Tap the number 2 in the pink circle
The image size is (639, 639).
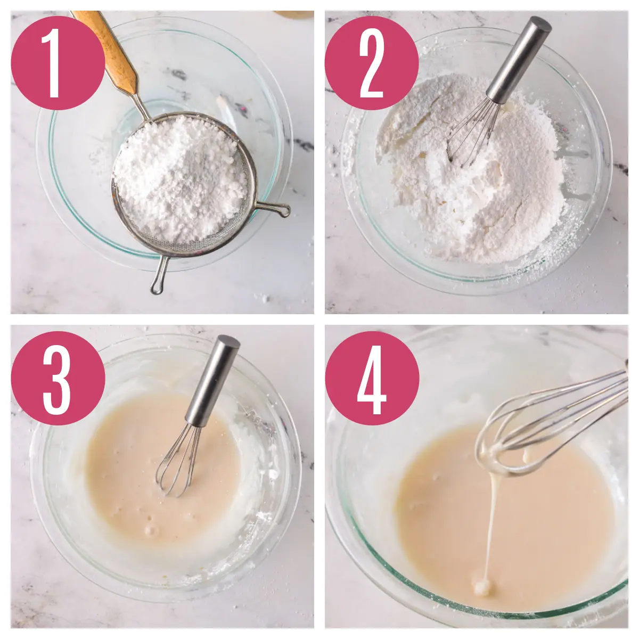point(371,63)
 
